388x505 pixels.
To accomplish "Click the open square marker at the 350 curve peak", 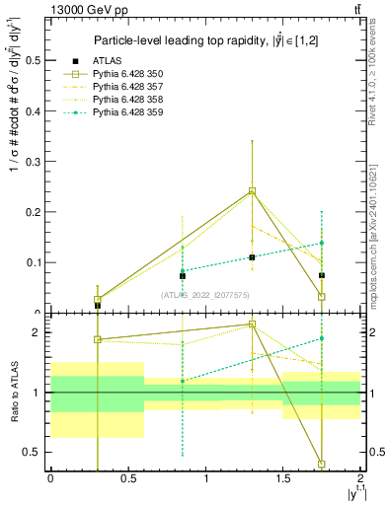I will click(252, 191).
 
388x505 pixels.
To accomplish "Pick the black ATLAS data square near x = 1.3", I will click(252, 257).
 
